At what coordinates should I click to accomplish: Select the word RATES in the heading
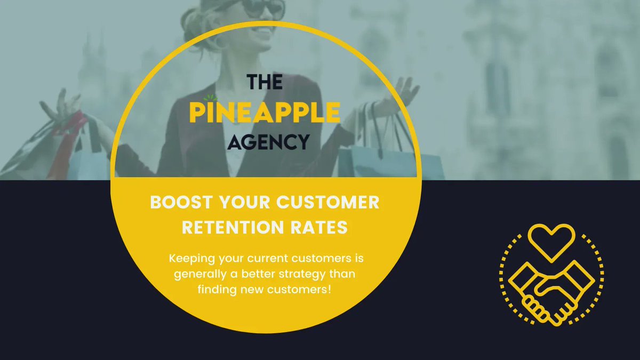pos(322,227)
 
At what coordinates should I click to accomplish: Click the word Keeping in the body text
pos(190,260)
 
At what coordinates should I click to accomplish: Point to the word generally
pos(198,274)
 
